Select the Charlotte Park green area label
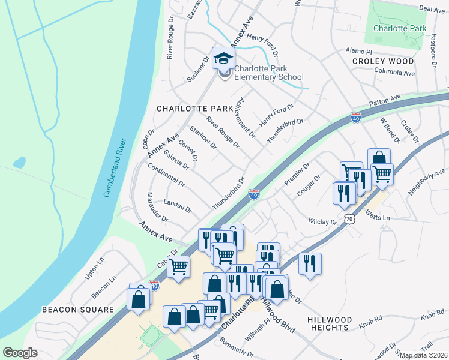tap(399, 28)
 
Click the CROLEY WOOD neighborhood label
tap(383, 61)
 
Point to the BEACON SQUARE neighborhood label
tap(77, 310)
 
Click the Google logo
tap(20, 353)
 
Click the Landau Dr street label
tap(177, 206)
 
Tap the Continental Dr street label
tap(166, 175)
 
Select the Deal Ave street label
tap(432, 9)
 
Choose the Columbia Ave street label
tap(394, 73)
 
